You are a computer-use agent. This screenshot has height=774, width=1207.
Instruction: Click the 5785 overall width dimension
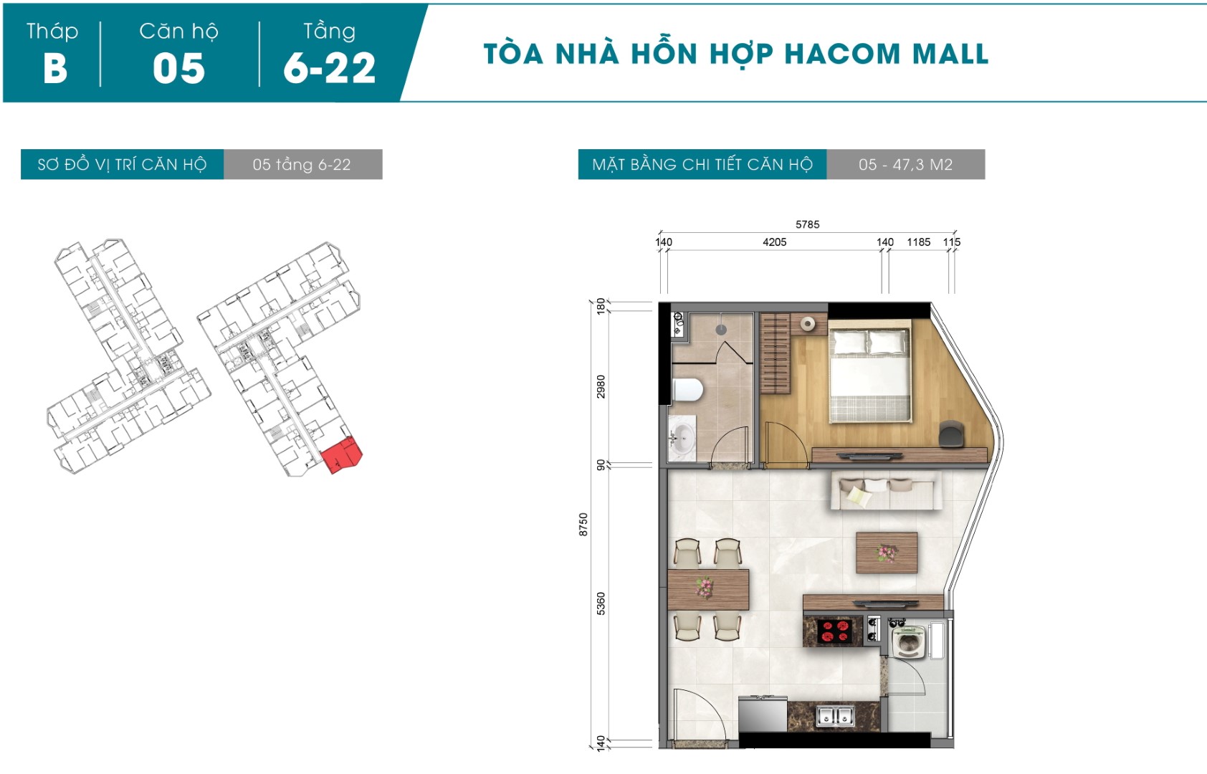(x=807, y=224)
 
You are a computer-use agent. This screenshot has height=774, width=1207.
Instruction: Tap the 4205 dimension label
(x=774, y=242)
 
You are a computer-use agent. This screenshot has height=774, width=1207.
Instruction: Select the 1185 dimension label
(x=919, y=242)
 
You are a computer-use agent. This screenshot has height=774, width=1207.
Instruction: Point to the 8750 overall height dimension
(x=583, y=524)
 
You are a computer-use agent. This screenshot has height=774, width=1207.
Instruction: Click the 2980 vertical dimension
(x=601, y=387)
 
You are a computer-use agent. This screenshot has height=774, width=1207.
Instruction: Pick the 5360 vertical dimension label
(x=601, y=604)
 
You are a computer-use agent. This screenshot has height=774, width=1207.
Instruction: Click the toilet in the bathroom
(x=687, y=390)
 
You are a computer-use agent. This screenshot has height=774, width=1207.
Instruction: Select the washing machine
(x=910, y=641)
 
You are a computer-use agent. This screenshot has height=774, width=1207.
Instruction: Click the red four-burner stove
(x=835, y=632)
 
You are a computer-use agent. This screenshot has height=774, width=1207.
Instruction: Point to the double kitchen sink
(x=835, y=716)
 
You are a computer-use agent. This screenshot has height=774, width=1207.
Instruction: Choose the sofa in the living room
(x=887, y=491)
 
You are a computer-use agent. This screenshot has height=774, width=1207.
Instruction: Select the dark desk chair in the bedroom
(x=951, y=434)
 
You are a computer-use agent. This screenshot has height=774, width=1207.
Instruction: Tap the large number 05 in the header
(x=179, y=68)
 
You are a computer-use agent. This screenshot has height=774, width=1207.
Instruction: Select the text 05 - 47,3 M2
(x=905, y=164)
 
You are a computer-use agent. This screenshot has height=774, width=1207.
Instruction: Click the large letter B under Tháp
(x=55, y=68)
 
